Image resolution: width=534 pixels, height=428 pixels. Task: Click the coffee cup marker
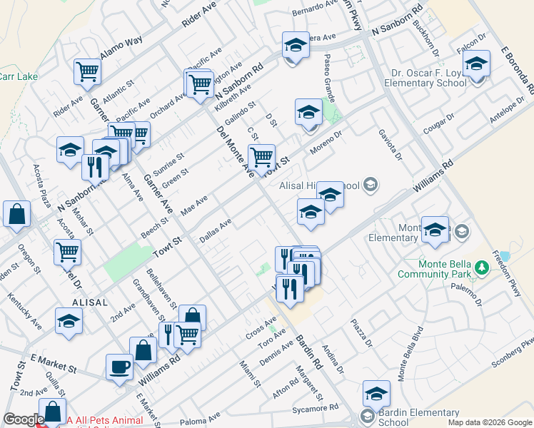tap(119, 367)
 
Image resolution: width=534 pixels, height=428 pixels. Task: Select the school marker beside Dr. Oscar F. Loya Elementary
tap(476, 64)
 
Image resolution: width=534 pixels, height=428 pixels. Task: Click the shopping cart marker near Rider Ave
tap(87, 71)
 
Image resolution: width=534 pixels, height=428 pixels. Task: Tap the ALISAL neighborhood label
tap(89, 302)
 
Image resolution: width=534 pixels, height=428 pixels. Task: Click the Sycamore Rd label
tap(315, 409)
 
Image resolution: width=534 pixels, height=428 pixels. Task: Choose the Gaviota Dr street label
tap(392, 148)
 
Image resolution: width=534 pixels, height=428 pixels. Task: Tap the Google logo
tap(23, 420)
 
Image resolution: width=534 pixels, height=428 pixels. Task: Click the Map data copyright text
tap(490, 422)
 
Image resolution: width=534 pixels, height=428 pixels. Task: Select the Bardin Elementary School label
tap(419, 417)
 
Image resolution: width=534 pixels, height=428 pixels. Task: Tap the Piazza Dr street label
tap(361, 333)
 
